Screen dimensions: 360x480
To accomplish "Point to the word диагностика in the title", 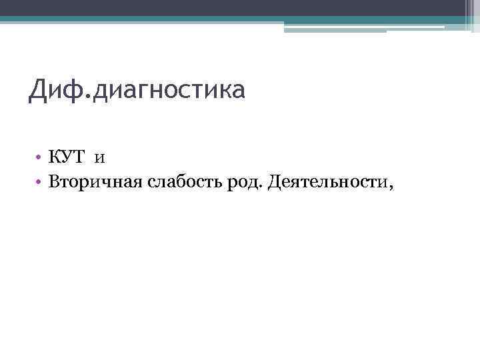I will (x=169, y=91).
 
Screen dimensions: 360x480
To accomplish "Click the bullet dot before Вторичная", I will (x=40, y=183).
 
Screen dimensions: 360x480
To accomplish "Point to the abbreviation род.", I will (x=245, y=183).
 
